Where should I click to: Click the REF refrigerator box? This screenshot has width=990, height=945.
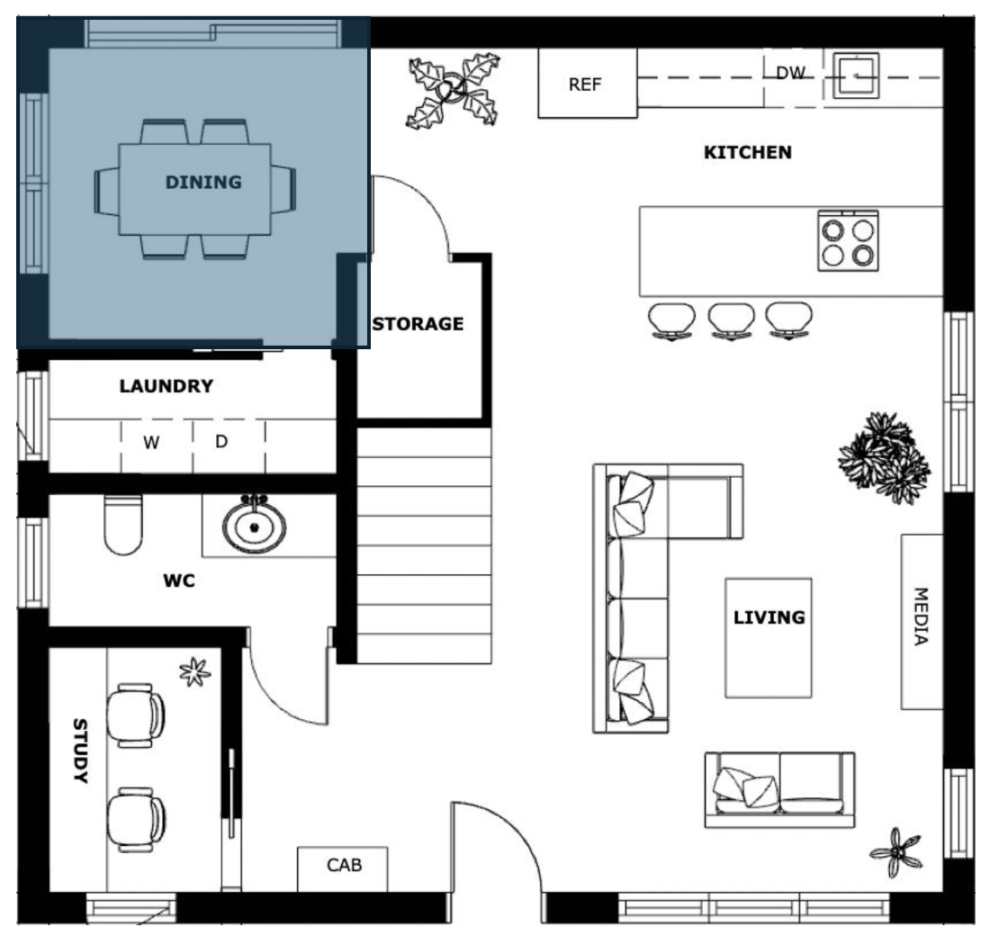(x=587, y=83)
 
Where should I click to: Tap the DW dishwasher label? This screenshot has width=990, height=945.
(x=790, y=73)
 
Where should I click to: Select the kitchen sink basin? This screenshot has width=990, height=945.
(x=856, y=76)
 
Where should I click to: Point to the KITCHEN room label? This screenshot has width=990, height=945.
(x=748, y=152)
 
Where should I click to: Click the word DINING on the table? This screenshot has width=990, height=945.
(x=203, y=182)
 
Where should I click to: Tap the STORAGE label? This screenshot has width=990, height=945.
(x=418, y=324)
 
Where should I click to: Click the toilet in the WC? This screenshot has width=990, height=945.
(x=123, y=524)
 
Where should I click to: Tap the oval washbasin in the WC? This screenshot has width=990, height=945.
(x=254, y=526)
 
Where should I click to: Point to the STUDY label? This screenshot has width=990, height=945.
(x=80, y=751)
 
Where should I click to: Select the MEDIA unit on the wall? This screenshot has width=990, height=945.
(x=922, y=622)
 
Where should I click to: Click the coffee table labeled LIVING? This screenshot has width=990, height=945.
(x=769, y=637)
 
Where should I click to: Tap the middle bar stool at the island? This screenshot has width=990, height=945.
(x=731, y=321)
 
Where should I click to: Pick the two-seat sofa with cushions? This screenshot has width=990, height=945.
(x=779, y=789)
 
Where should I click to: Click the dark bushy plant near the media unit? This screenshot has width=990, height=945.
(x=885, y=457)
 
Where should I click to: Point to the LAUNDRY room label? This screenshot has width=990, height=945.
(x=166, y=386)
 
